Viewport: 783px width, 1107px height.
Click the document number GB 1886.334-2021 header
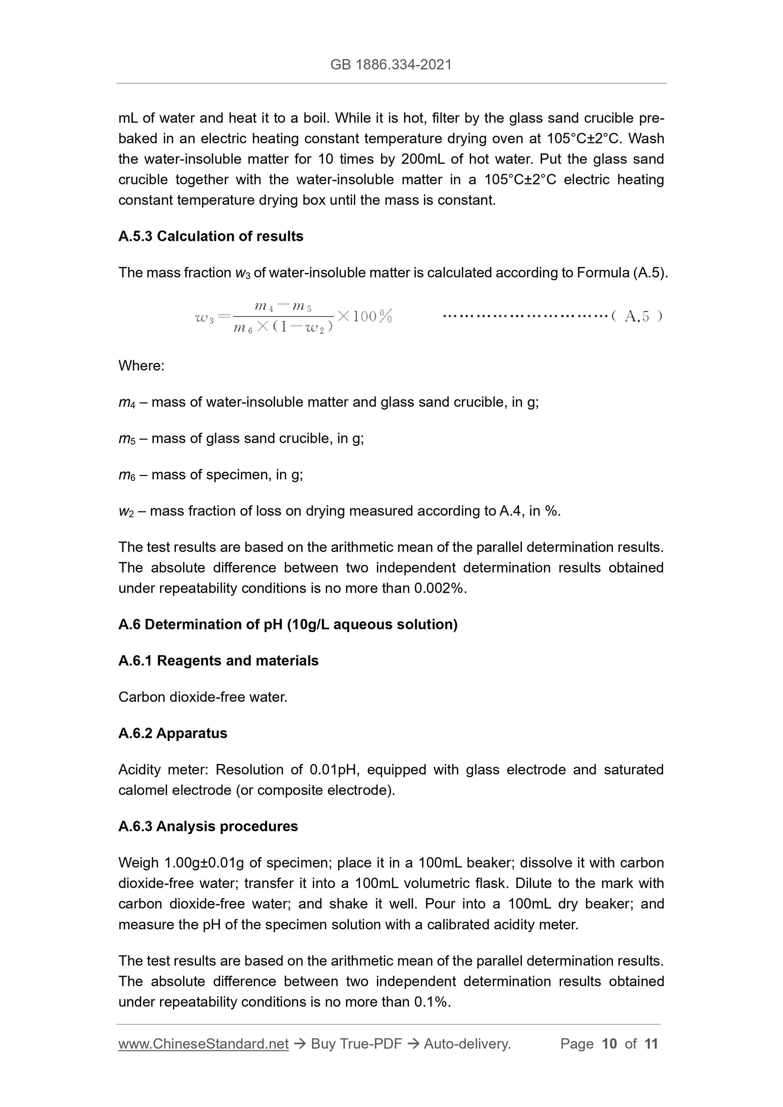(x=391, y=65)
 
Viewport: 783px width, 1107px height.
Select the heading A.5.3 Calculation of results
(x=211, y=236)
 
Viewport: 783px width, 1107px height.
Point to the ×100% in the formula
(x=365, y=316)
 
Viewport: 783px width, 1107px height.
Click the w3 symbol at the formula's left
(x=204, y=318)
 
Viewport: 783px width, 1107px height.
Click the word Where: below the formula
(x=141, y=366)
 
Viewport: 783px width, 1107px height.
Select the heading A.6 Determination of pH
(x=288, y=624)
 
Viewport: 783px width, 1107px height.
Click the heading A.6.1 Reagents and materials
(x=218, y=661)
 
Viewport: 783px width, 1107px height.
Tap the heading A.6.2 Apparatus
(x=172, y=733)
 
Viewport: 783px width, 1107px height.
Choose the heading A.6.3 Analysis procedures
(x=208, y=826)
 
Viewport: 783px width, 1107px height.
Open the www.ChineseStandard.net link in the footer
(x=203, y=1044)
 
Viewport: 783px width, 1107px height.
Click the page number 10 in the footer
(x=609, y=1044)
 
